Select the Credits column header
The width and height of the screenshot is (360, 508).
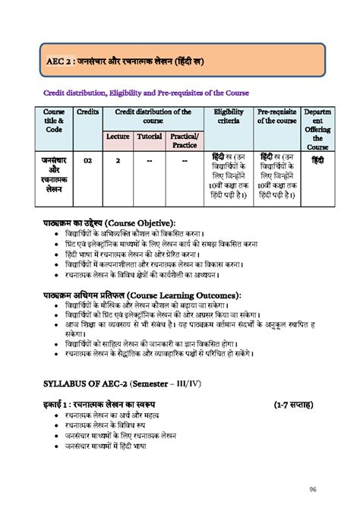(x=88, y=112)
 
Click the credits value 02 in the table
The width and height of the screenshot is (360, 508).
(x=88, y=161)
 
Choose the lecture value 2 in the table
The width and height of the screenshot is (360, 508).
(x=117, y=161)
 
